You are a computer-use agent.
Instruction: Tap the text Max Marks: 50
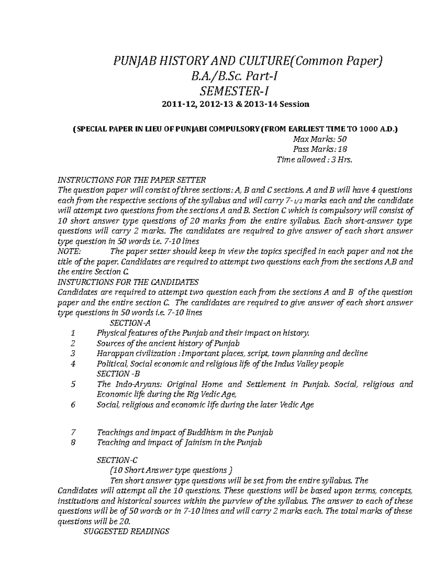(x=320, y=139)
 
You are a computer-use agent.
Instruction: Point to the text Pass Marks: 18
(x=320, y=149)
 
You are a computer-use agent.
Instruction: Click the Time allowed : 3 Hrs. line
(x=313, y=160)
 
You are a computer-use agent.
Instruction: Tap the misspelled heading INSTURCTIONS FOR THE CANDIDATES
(x=129, y=282)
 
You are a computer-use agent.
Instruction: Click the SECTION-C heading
(x=117, y=460)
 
